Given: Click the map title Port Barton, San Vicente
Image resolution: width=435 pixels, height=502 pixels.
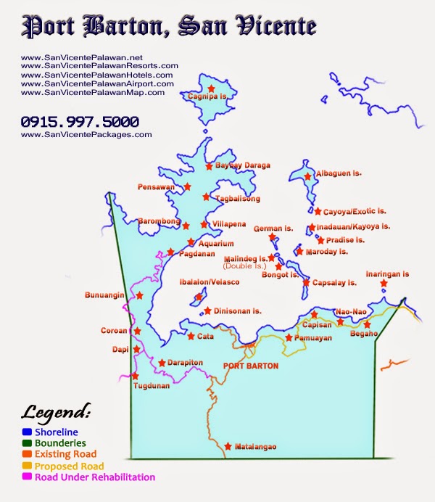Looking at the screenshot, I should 169,26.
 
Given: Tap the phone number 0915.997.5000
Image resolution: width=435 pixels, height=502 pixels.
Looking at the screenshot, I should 80,122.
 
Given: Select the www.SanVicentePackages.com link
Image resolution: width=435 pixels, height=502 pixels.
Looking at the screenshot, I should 87,134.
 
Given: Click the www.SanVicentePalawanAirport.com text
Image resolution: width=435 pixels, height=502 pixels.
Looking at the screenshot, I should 98,83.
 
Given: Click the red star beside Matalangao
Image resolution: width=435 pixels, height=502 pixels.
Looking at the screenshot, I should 228,446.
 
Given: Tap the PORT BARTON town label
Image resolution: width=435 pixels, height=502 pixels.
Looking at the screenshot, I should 251,366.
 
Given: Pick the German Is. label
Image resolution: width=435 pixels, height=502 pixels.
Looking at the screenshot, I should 273,229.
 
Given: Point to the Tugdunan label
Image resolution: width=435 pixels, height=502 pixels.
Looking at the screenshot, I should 152,386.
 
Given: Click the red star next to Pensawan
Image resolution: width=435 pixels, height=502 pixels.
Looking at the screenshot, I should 188,186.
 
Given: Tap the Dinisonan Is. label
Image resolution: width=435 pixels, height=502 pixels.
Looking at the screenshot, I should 238,310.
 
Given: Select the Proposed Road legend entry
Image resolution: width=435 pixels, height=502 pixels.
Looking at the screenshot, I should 70,466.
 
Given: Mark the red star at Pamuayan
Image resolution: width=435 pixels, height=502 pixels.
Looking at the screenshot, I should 289,337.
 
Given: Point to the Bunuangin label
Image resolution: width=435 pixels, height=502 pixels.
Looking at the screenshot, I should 105,296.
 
